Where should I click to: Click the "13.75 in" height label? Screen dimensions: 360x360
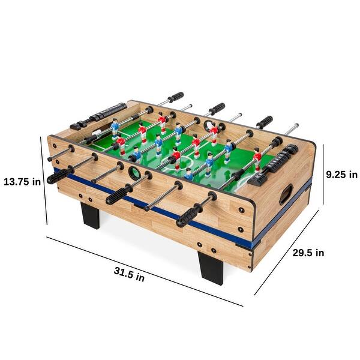pyautogui.click(x=22, y=181)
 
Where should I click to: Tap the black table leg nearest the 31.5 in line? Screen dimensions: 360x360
pyautogui.click(x=212, y=267)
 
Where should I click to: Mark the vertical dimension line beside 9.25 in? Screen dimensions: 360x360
pyautogui.click(x=324, y=174)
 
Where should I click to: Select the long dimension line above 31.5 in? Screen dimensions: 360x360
pyautogui.click(x=144, y=270)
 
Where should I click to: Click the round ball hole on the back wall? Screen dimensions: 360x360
pyautogui.click(x=211, y=127)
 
